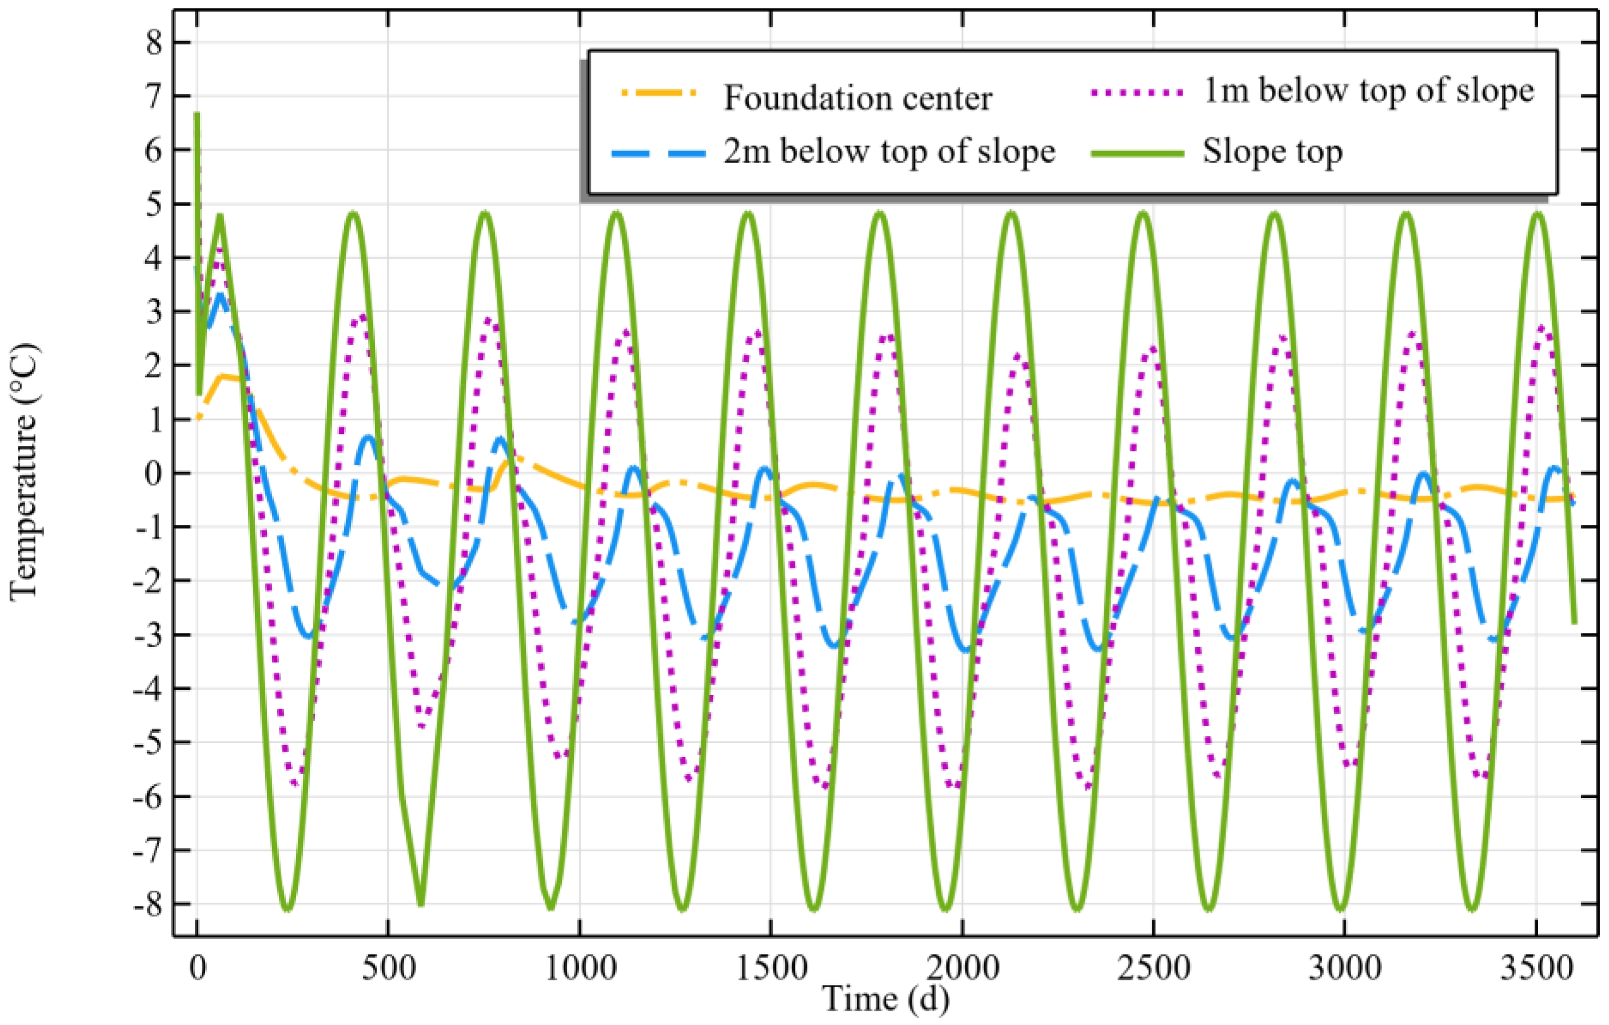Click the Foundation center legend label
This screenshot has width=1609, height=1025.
pyautogui.click(x=857, y=98)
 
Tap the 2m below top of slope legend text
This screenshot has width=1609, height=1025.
pyautogui.click(x=889, y=152)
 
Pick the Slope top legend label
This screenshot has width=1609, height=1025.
pyautogui.click(x=1272, y=152)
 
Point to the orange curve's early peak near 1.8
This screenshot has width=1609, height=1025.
pyautogui.click(x=226, y=377)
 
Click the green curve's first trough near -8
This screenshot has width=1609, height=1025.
pyautogui.click(x=288, y=907)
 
